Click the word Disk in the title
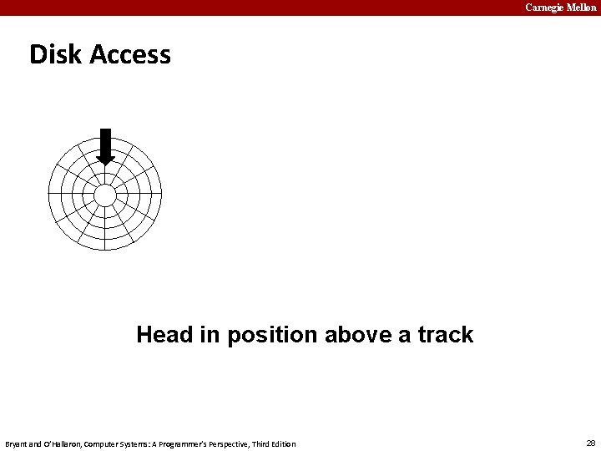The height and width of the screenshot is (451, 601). (x=55, y=54)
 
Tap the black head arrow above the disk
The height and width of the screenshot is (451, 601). (x=105, y=145)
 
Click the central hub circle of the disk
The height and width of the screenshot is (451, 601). (x=105, y=195)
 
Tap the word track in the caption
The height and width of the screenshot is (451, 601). (x=445, y=335)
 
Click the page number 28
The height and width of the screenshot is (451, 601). (x=591, y=443)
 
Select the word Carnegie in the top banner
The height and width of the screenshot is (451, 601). (x=545, y=8)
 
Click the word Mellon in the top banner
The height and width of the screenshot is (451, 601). (x=583, y=8)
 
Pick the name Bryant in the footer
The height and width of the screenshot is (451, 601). (x=16, y=443)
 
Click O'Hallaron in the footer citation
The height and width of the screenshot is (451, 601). (x=58, y=443)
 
